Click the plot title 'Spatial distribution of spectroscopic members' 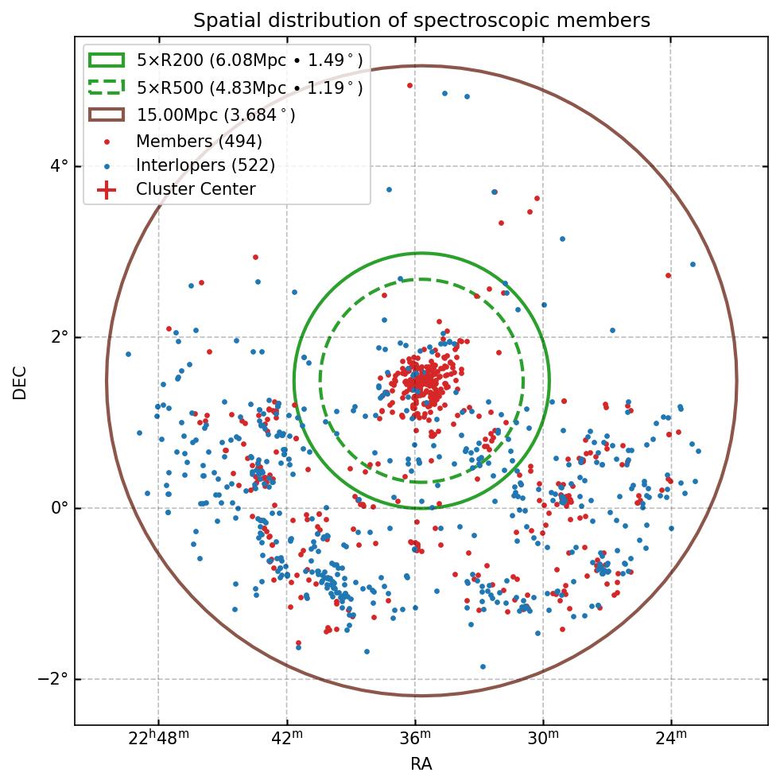click(x=421, y=21)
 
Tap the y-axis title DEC click(x=20, y=382)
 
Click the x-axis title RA click(x=421, y=764)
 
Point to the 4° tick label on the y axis click(x=59, y=166)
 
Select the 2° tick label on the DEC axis click(x=59, y=337)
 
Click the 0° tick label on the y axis click(x=59, y=508)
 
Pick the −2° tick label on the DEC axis click(x=53, y=679)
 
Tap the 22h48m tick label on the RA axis click(x=158, y=740)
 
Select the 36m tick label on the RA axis click(x=415, y=740)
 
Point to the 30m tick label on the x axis click(x=544, y=740)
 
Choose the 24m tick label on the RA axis click(x=672, y=740)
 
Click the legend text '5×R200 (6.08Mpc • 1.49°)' click(x=250, y=60)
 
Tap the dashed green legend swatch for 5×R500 click(x=107, y=87)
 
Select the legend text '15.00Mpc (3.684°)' click(x=215, y=115)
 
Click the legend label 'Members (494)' click(x=199, y=142)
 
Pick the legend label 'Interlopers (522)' click(x=205, y=165)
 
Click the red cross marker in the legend click(x=107, y=190)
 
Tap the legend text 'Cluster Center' click(x=196, y=189)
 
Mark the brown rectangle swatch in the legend click(x=107, y=114)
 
